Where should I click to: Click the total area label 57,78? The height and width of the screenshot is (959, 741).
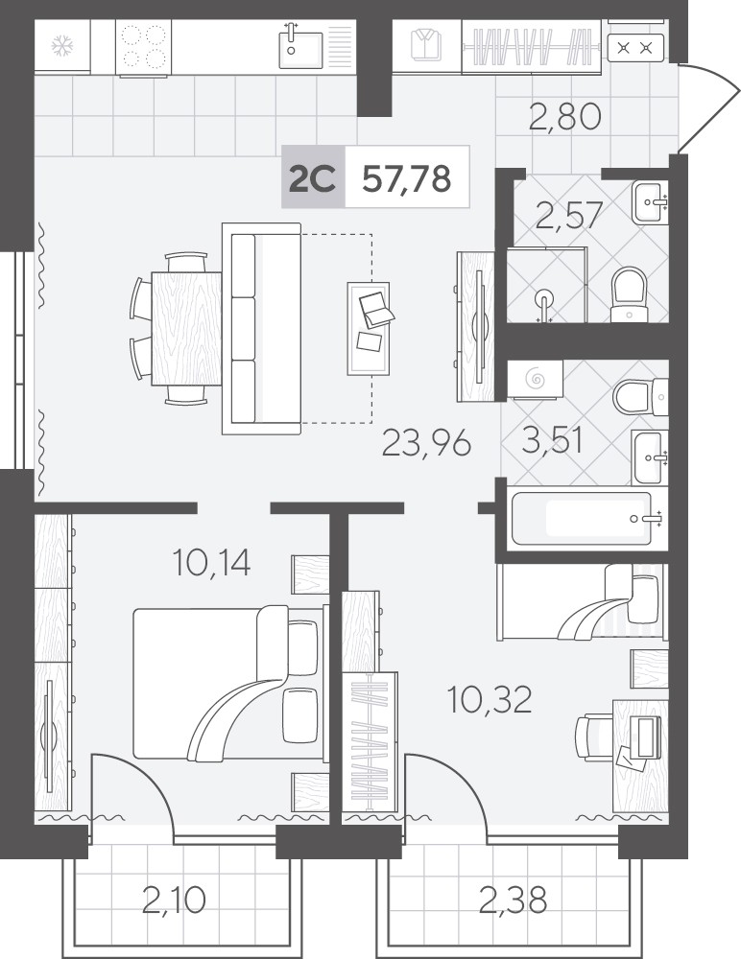coord(407,178)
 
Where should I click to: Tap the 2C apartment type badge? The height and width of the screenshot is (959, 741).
coord(312,179)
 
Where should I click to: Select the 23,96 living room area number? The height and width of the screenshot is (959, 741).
coord(426,443)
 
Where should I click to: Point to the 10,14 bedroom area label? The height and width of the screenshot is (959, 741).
coord(211,562)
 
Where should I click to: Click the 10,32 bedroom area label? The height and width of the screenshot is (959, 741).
coord(490,699)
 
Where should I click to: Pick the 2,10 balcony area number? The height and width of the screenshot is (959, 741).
coord(174,900)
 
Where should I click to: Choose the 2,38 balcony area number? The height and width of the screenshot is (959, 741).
coord(513,900)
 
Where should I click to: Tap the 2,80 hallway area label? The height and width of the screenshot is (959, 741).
coord(564,116)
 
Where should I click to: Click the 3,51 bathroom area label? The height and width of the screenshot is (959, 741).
coord(552,441)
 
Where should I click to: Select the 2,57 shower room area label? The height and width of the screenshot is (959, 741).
coord(569,215)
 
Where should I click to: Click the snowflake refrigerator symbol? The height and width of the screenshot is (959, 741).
coord(61,46)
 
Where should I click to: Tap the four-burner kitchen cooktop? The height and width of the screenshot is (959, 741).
coord(143,47)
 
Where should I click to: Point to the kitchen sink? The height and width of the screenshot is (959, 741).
coord(301,45)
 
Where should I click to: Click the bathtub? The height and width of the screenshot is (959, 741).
coord(582,519)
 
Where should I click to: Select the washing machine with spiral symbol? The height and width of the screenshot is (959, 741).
coord(536,380)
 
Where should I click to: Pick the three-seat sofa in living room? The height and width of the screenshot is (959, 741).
coord(261,328)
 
